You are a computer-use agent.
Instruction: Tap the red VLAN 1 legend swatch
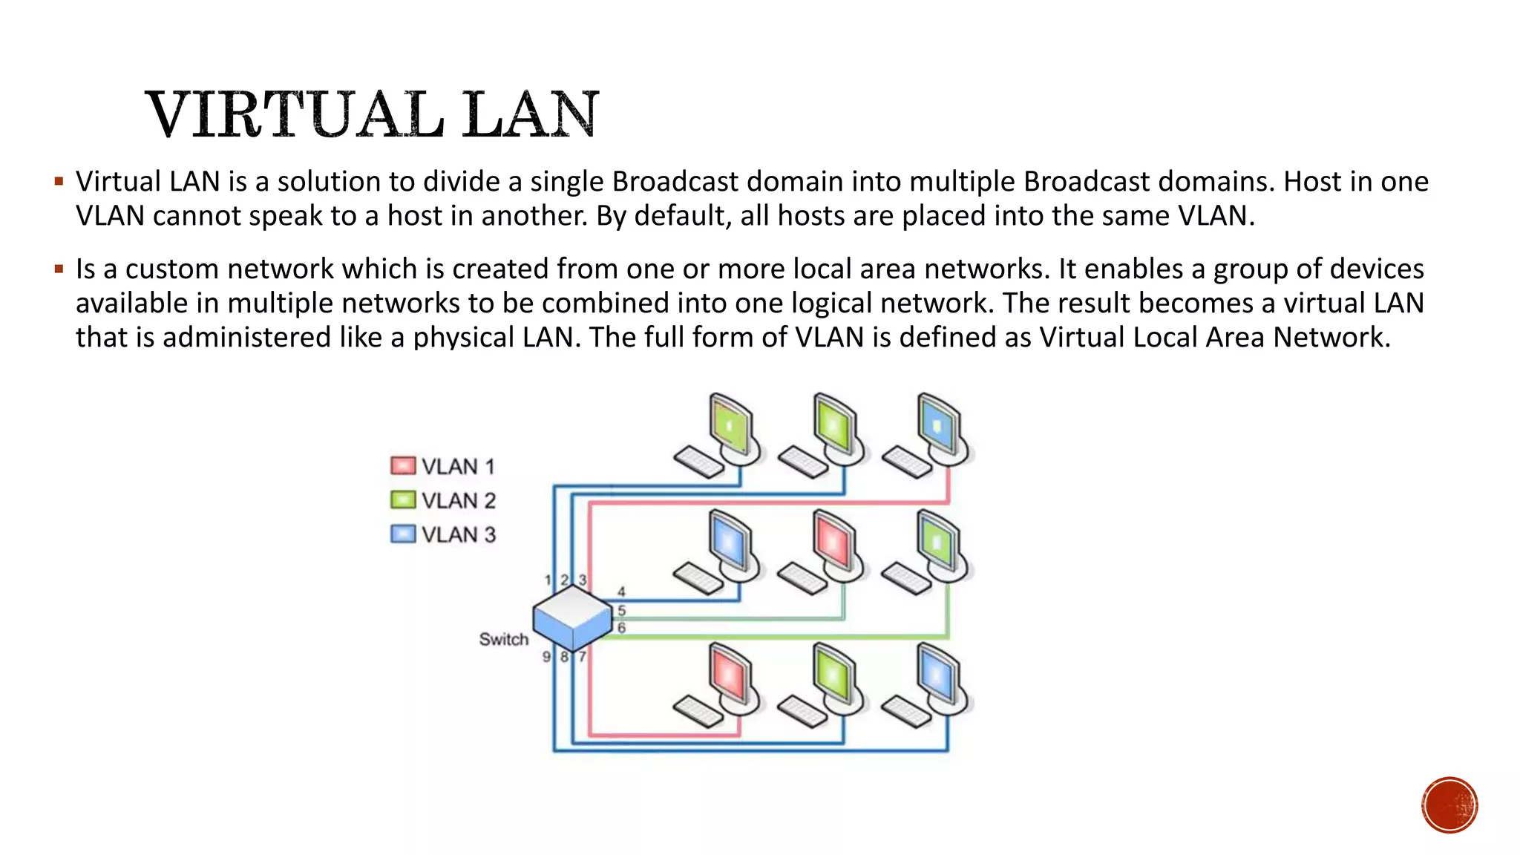tap(403, 466)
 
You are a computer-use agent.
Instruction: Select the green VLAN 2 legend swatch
tap(403, 500)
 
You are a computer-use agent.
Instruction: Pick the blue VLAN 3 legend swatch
tap(403, 534)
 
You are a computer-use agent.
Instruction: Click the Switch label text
tap(503, 640)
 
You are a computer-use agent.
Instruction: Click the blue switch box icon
tap(572, 617)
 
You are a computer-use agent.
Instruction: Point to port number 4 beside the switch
tap(621, 592)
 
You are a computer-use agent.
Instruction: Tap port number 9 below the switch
tap(546, 657)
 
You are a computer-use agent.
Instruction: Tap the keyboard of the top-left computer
tap(698, 462)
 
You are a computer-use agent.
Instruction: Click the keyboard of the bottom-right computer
tap(906, 711)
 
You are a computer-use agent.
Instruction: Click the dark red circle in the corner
tap(1449, 805)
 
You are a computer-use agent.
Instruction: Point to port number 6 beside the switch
tap(621, 628)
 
